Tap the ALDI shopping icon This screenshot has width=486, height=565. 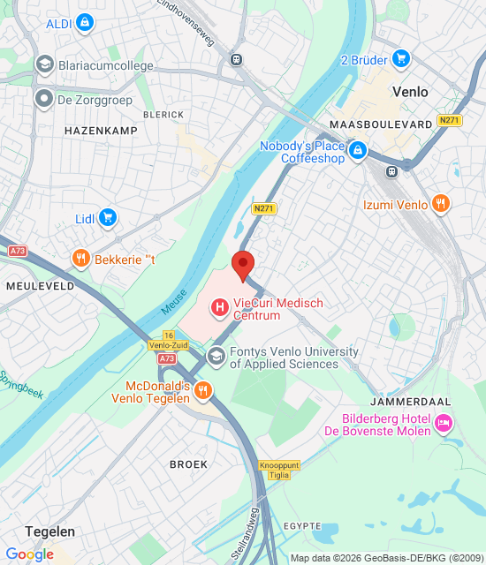(x=84, y=23)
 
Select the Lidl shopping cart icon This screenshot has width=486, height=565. (x=108, y=217)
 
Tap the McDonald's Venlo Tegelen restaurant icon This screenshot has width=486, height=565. (x=203, y=390)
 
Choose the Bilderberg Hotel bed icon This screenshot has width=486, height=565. (x=444, y=424)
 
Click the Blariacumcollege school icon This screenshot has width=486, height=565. (x=43, y=64)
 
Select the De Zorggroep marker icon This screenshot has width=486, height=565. (x=43, y=99)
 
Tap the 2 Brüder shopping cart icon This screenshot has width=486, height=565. (x=401, y=59)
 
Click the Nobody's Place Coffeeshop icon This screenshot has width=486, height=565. (x=358, y=152)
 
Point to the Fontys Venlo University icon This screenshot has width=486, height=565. (x=215, y=357)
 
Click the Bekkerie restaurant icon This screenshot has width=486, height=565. (x=80, y=259)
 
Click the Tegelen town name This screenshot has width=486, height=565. (x=49, y=531)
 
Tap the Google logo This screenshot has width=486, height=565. (x=30, y=554)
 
